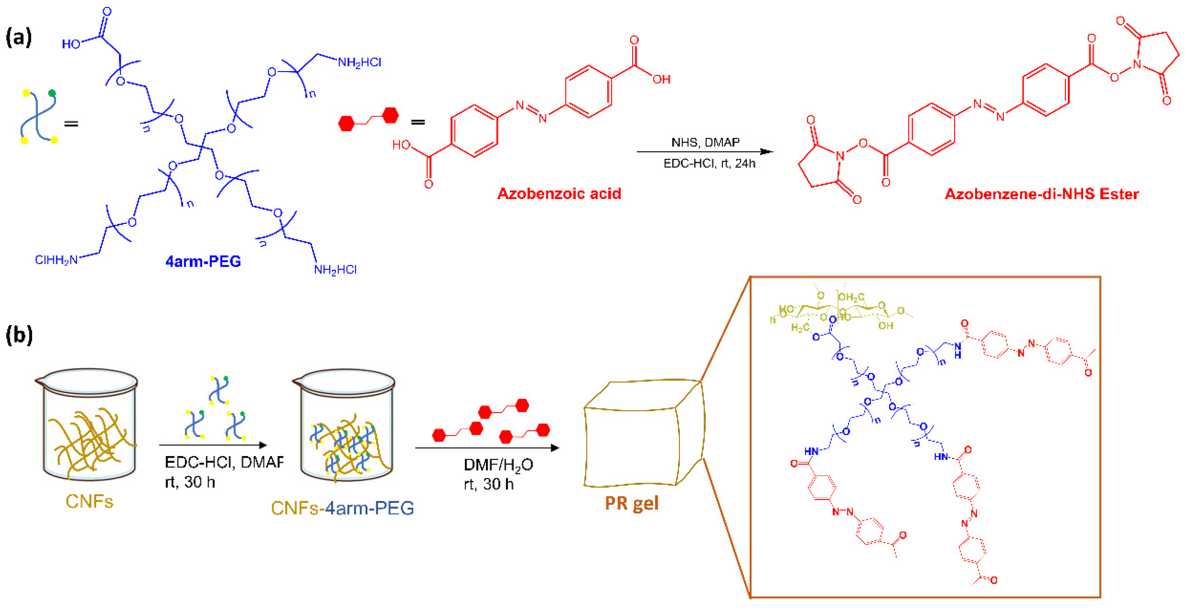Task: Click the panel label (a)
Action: (19, 37)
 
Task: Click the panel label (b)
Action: (19, 335)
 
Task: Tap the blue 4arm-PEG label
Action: (203, 261)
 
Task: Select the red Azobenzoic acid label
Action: (559, 194)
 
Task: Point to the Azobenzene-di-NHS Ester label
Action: (1041, 194)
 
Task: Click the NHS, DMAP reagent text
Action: (705, 142)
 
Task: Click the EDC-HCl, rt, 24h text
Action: (709, 163)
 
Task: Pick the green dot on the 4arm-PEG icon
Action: (52, 93)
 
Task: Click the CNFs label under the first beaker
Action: (89, 501)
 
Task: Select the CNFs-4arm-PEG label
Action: (342, 508)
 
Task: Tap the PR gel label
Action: (631, 503)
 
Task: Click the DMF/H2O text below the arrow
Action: (498, 465)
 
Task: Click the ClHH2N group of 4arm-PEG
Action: (56, 260)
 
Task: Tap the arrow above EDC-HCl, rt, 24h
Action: (704, 151)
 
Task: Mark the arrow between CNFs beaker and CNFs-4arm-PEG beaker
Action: (213, 445)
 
